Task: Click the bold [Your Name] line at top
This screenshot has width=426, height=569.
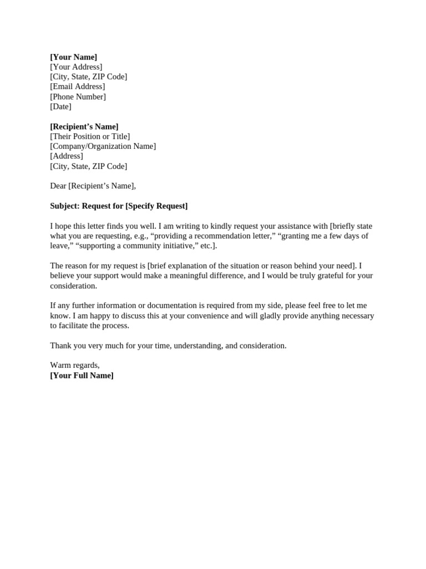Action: [73, 57]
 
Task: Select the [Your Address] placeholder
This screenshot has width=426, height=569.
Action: [76, 67]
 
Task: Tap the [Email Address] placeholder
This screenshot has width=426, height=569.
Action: [77, 87]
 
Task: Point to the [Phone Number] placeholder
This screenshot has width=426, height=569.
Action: [78, 97]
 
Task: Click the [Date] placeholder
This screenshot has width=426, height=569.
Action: [60, 107]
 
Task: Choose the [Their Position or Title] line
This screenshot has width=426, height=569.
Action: [90, 137]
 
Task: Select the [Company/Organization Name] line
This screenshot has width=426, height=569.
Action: [103, 147]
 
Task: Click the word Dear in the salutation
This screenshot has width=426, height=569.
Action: [58, 186]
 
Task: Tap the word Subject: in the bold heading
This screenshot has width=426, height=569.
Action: [65, 206]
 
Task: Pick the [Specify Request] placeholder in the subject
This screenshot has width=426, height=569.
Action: [156, 206]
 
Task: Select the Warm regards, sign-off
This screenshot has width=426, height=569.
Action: [75, 366]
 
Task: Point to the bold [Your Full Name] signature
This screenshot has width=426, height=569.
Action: [82, 376]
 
